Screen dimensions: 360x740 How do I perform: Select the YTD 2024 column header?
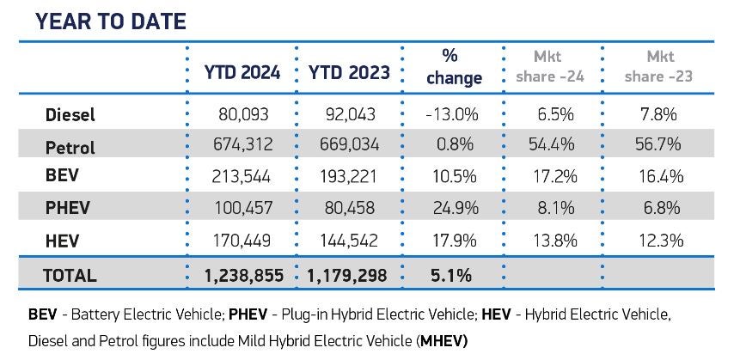pos(242,73)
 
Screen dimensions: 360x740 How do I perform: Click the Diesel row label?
pos(70,114)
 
